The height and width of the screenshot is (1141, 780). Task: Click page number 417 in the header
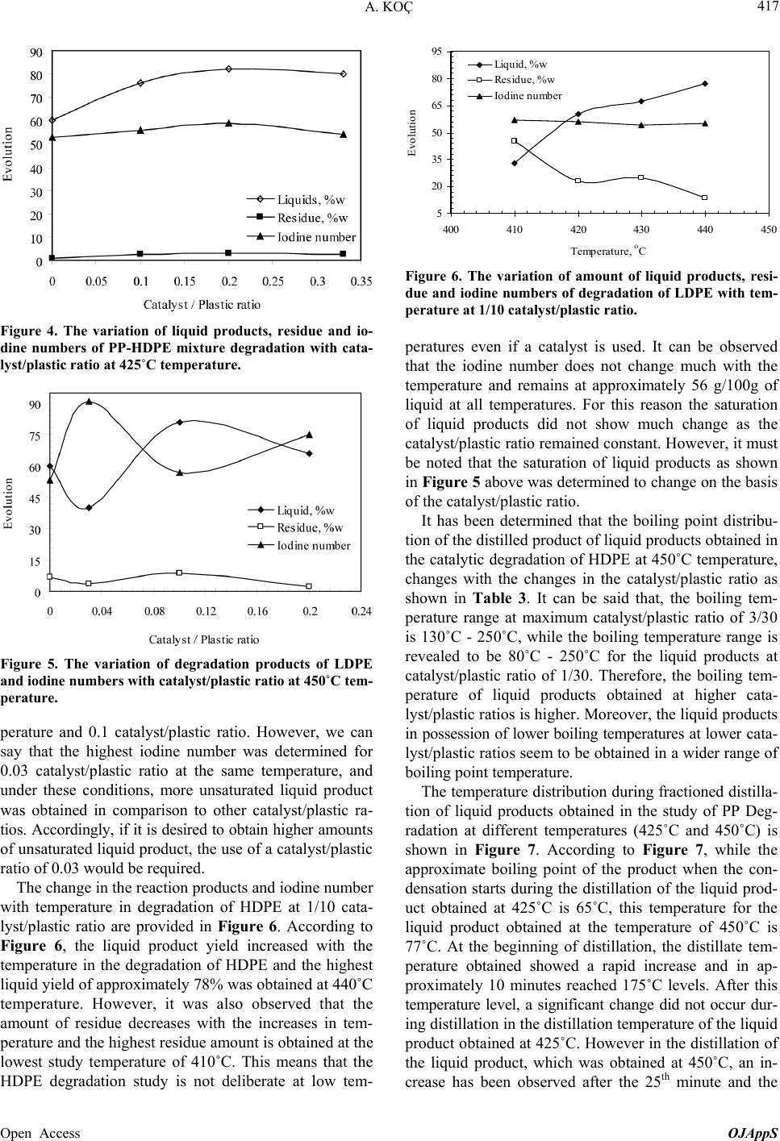[764, 9]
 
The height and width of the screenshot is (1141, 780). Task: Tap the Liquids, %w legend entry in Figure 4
[311, 199]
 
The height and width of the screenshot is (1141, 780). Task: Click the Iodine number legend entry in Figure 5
[313, 545]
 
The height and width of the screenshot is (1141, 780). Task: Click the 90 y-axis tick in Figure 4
[35, 52]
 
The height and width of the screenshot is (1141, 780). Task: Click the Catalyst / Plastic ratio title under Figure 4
[202, 303]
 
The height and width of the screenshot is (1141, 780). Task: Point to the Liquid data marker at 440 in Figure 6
[705, 84]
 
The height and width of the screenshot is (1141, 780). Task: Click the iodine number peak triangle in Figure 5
[89, 401]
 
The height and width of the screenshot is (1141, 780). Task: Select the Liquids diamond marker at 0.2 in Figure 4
[229, 69]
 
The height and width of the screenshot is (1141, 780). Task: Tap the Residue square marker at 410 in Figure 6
[515, 141]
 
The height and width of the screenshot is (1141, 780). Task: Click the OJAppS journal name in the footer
[755, 1133]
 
